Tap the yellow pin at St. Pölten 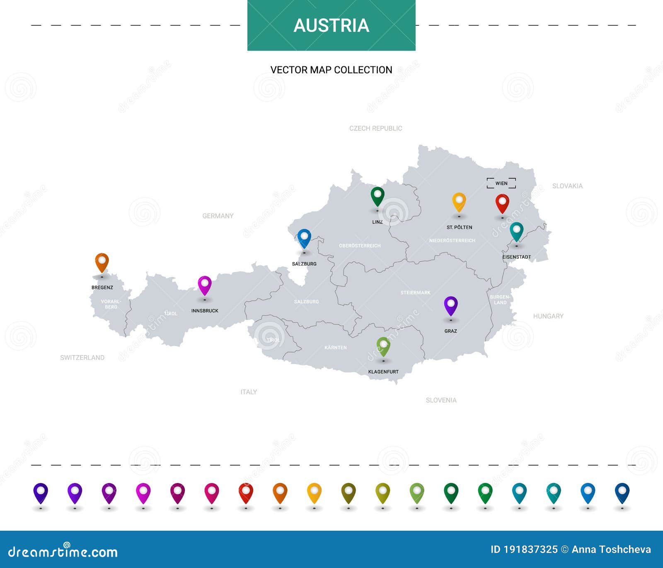click(459, 201)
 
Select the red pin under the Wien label click(502, 203)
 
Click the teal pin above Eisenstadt click(516, 231)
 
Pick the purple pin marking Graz click(450, 305)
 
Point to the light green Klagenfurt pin click(383, 346)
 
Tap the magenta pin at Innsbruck click(205, 285)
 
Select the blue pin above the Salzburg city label click(304, 238)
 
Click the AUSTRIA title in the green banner click(331, 25)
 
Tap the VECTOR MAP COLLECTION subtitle click(331, 70)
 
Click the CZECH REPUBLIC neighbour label click(375, 129)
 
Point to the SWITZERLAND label click(82, 357)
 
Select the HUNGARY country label click(548, 316)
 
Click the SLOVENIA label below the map click(441, 400)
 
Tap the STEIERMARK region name click(415, 293)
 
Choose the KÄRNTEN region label click(335, 347)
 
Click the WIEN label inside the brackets click(501, 183)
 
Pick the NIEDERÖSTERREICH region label click(452, 240)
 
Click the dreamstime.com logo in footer click(63, 552)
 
